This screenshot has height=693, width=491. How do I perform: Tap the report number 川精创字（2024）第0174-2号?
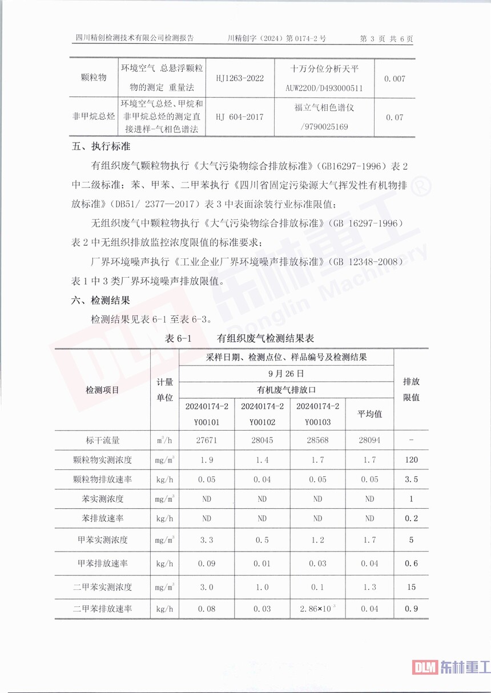coord(276,39)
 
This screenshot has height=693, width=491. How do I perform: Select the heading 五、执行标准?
coord(99,147)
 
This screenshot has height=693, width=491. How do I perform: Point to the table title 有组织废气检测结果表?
coord(265,338)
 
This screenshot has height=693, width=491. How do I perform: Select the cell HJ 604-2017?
coord(240,117)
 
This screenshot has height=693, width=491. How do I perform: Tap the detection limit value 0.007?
coord(395,78)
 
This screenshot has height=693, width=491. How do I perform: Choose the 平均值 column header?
coord(369,414)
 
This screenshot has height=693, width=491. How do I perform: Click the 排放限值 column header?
coord(411,389)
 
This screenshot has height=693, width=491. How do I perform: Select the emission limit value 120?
coord(411,460)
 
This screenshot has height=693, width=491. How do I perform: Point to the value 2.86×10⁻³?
coord(317,609)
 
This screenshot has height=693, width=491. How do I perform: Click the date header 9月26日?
coord(285,374)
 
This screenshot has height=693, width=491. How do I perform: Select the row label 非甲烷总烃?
coord(94,117)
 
